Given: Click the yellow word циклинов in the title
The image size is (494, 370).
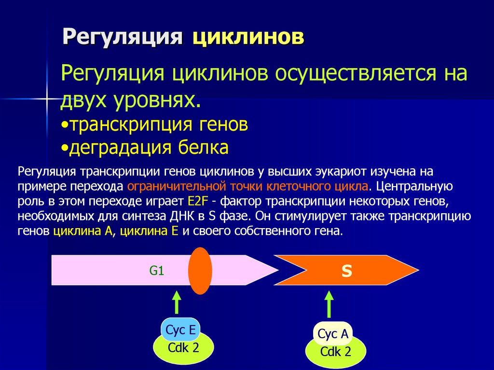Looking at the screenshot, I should (248, 38).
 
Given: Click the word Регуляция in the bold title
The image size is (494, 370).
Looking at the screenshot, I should (123, 38).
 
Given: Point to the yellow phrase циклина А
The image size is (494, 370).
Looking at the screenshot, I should (83, 231).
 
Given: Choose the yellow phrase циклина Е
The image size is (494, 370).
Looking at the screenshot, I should (149, 231).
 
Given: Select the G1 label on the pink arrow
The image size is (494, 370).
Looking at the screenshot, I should (157, 271).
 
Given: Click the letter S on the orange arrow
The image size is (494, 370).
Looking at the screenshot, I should (346, 271).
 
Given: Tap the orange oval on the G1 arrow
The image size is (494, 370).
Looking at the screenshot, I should (200, 271).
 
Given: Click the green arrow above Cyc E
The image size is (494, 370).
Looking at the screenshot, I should (177, 303).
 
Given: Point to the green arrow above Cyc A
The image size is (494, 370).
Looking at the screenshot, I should (329, 304).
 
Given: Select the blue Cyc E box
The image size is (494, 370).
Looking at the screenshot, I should (180, 330).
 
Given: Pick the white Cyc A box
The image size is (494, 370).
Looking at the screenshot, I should (333, 334).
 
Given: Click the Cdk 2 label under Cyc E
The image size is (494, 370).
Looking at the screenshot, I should (183, 348).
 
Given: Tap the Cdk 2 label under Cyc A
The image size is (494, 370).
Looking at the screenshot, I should (336, 352).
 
